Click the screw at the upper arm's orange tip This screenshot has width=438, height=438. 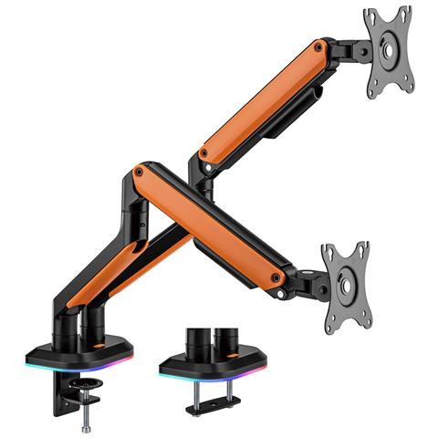click(318, 46)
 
